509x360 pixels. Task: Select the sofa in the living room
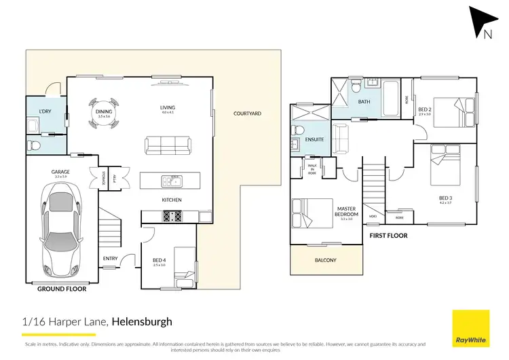[167, 145]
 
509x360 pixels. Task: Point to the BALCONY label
[326, 260]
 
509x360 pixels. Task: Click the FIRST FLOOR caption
[388, 235]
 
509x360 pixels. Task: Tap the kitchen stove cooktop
[171, 216]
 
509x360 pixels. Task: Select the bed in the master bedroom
[305, 211]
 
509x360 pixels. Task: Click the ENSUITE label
[314, 140]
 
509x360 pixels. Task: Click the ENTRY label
[110, 258]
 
